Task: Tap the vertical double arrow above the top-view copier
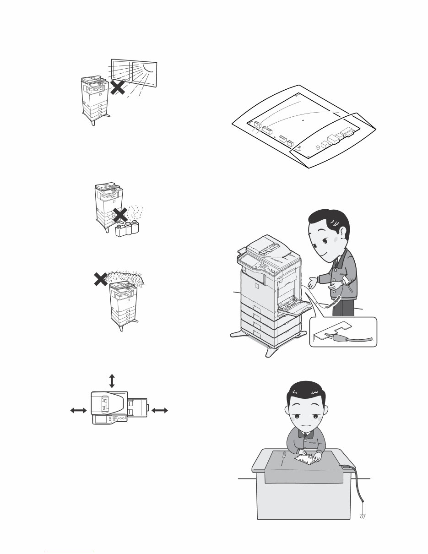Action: (112, 380)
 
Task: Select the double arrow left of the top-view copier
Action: (78, 411)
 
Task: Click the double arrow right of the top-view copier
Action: (160, 411)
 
